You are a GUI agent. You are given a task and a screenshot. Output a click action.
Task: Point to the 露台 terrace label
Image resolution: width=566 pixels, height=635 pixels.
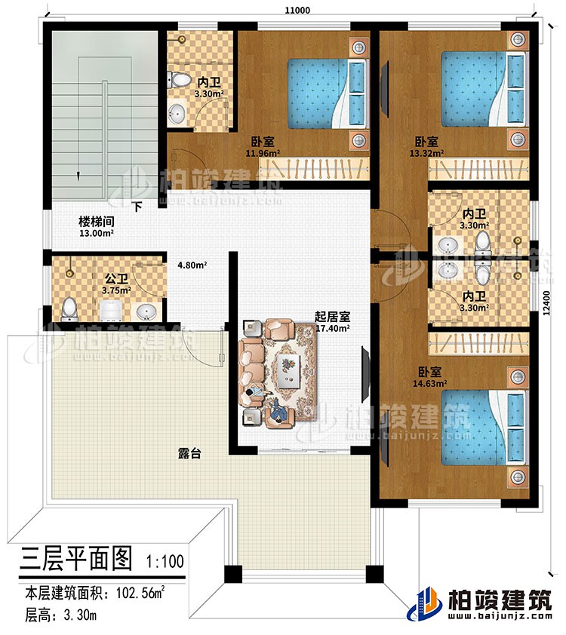pyautogui.click(x=189, y=453)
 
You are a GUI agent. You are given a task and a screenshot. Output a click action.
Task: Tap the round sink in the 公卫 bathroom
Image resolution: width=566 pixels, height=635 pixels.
pyautogui.click(x=146, y=311)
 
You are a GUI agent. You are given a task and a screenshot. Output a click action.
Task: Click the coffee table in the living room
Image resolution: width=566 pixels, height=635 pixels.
pyautogui.click(x=286, y=371)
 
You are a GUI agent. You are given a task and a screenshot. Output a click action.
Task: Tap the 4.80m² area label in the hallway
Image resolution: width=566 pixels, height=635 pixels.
pyautogui.click(x=192, y=265)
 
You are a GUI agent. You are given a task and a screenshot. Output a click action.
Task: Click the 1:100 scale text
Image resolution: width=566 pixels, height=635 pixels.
pyautogui.click(x=163, y=560)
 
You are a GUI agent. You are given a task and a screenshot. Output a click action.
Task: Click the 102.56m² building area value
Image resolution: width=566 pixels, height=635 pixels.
pyautogui.click(x=142, y=595)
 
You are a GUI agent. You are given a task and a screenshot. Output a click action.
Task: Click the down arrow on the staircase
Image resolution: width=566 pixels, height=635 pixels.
pyautogui.click(x=77, y=174)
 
